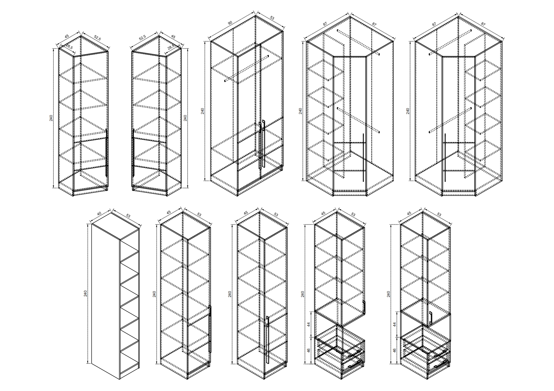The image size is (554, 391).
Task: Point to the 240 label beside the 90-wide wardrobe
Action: point(202,111)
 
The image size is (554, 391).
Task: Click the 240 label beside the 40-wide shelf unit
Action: point(85,293)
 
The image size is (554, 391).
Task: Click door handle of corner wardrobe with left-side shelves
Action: point(364,157)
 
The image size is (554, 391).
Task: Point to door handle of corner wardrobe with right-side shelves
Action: point(445,157)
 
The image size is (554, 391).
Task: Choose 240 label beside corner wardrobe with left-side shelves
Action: point(300,111)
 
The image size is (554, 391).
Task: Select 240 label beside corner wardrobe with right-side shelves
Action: point(408,111)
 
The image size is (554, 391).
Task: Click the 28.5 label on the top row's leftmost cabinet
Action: point(69,47)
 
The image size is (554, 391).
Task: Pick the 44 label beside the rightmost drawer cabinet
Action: point(394,324)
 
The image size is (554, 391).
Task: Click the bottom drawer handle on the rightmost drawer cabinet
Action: point(441,364)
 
